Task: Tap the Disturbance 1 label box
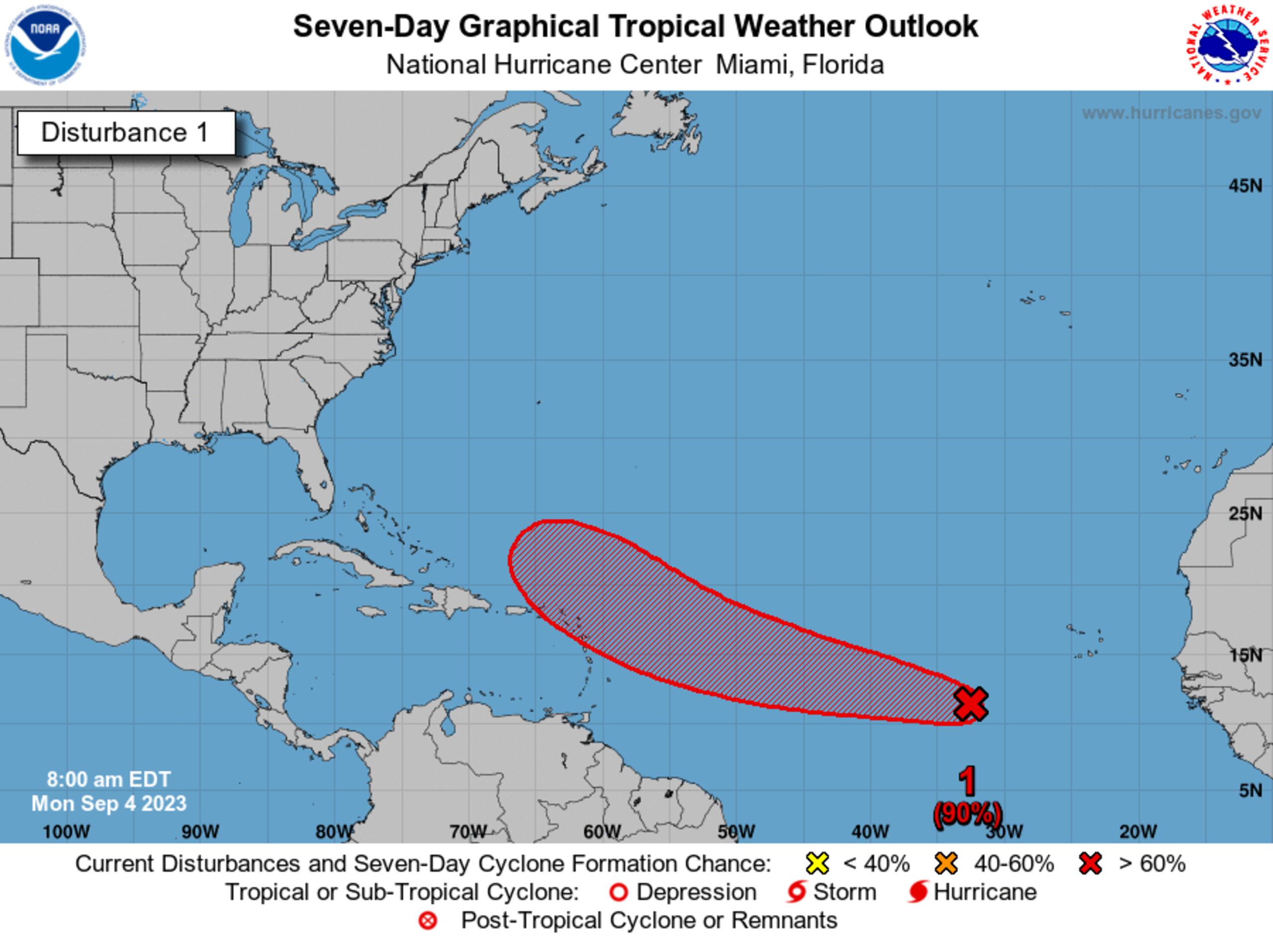(126, 133)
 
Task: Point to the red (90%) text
(967, 813)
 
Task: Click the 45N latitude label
(1245, 186)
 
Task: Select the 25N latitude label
(1245, 514)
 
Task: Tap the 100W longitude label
(66, 832)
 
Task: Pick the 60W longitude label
(602, 832)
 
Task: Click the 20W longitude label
(1138, 832)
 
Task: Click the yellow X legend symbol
(818, 863)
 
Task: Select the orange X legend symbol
(946, 863)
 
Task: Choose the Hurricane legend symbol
(918, 892)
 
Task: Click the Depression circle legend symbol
(619, 892)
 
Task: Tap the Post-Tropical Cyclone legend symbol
(428, 921)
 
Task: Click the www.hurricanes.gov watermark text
(1171, 113)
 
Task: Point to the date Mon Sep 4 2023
(109, 804)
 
